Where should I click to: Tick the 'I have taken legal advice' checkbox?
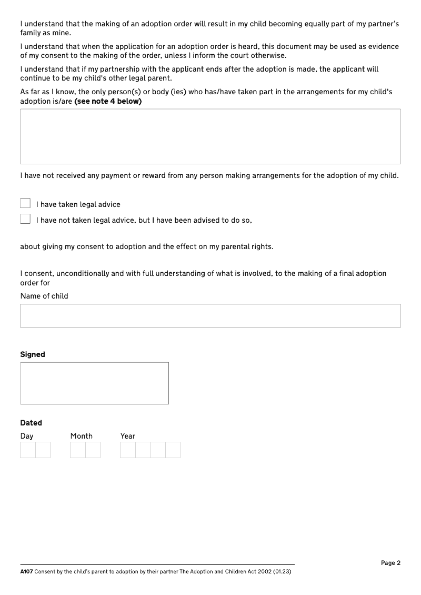25,203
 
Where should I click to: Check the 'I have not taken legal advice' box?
25,219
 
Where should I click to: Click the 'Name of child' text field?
210,316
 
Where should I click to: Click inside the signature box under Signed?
94,383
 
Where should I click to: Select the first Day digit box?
28,450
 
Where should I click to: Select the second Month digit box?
93,450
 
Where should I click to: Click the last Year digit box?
173,450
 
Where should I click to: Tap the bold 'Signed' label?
33,354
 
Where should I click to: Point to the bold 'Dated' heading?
31,423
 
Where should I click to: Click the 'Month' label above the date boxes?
82,436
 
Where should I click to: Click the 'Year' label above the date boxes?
128,436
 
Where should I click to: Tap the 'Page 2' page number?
390,563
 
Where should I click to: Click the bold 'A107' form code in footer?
26,571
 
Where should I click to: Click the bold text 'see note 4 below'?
108,101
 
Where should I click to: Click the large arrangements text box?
210,136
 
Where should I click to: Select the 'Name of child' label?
44,296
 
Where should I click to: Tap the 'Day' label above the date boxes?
27,436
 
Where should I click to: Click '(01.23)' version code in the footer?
282,571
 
